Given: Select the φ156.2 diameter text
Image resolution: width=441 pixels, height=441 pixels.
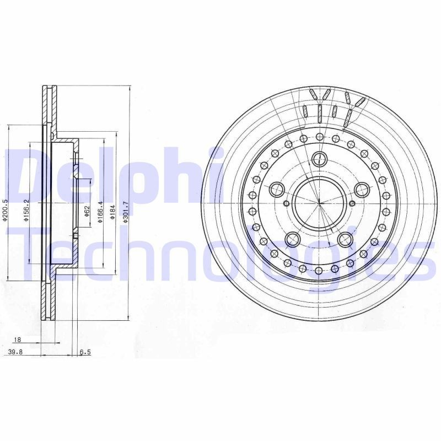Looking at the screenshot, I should click(26, 210).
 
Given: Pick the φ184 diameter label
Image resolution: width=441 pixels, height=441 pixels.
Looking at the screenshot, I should click(112, 212).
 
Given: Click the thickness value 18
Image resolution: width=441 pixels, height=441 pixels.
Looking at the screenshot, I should click(17, 340).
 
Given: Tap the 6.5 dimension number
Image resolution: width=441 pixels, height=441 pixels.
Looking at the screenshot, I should click(84, 352).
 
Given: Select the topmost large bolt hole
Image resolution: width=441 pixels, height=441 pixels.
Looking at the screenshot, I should click(319, 159).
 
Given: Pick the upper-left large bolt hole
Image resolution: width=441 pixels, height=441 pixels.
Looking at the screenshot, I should click(277, 190).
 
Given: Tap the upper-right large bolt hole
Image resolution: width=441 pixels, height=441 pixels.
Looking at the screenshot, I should click(362, 190).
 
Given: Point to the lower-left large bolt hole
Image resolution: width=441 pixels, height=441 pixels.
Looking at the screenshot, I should click(293, 239).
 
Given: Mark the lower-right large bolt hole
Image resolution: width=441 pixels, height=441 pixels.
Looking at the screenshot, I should click(346, 239).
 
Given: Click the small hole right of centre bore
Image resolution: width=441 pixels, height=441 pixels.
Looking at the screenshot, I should click(353, 204).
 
